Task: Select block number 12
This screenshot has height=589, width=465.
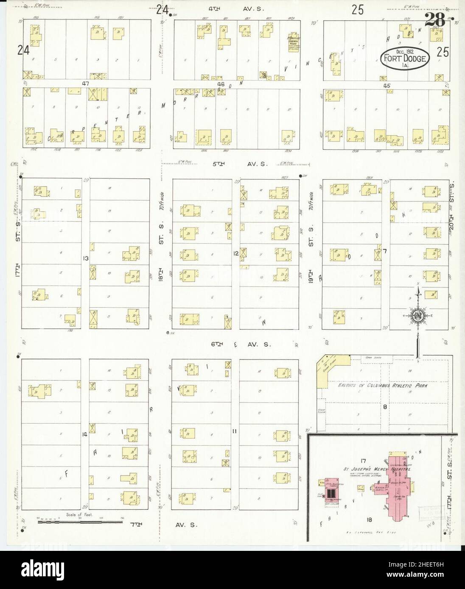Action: (x=235, y=253)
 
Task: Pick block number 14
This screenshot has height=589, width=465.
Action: (x=85, y=433)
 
